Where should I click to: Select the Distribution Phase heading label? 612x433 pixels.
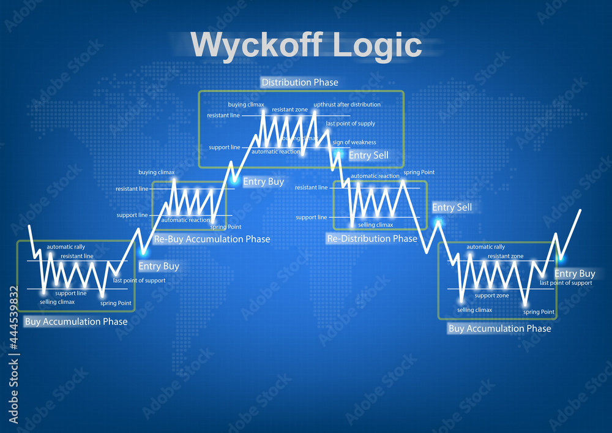299,82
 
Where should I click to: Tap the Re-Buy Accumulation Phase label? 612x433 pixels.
212,239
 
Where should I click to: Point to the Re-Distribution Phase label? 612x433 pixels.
371,238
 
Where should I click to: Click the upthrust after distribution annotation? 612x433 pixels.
347,105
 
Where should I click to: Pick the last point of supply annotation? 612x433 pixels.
351,124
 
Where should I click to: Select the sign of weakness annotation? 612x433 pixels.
354,143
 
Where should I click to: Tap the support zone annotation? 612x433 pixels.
492,296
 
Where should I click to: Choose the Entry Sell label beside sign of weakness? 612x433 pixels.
368,156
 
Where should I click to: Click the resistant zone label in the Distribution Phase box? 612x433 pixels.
289,110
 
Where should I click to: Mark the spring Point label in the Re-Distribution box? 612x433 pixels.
419,173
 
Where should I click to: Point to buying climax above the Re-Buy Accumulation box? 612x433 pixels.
157,173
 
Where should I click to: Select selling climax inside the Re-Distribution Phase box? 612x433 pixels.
376,225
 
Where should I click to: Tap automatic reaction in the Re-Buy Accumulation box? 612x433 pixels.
185,220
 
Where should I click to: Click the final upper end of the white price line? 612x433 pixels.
580,210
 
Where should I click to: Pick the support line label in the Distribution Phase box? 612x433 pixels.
224,148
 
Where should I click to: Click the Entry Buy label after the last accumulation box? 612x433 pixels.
575,274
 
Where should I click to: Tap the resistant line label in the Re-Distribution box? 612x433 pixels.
311,187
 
